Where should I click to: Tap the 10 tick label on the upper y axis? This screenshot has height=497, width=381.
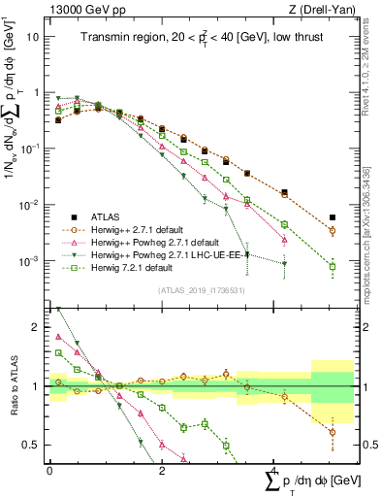click(x=33, y=36)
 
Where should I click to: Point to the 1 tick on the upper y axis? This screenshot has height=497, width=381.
click(x=37, y=92)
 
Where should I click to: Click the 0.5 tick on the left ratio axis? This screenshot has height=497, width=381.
click(x=32, y=445)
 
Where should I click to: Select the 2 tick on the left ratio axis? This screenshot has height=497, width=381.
click(x=37, y=327)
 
